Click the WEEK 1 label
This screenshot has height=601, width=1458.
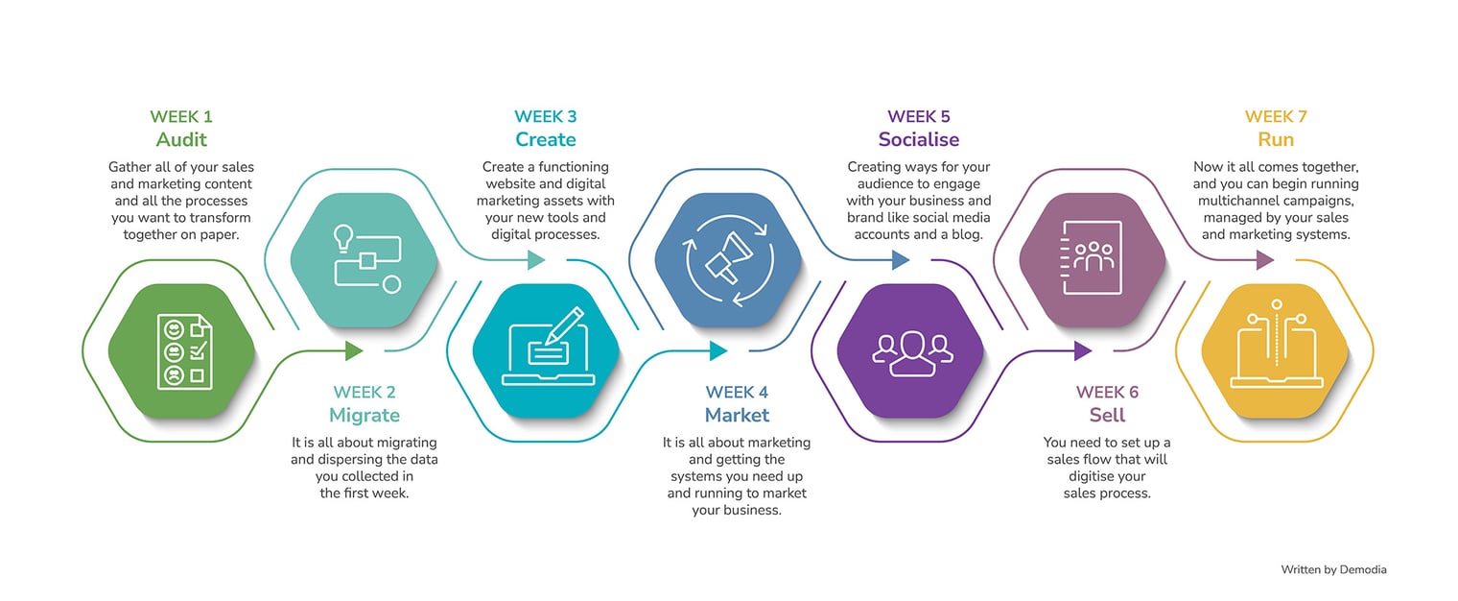click(181, 117)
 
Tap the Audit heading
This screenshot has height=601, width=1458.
click(181, 140)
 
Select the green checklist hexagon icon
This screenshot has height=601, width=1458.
click(181, 351)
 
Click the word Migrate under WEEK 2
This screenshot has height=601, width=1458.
click(364, 416)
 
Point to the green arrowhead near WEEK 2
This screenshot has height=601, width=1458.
click(354, 350)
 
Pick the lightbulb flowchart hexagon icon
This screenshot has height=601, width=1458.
click(364, 259)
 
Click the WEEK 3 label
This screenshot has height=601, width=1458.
click(546, 117)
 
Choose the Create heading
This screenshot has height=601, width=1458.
click(546, 140)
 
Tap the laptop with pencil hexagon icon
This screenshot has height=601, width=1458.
click(547, 351)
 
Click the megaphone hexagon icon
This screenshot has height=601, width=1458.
click(728, 259)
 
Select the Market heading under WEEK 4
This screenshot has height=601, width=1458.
click(737, 416)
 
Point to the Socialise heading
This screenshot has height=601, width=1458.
click(919, 140)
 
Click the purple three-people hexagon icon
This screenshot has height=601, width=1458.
click(910, 351)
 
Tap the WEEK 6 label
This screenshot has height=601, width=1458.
click(1107, 393)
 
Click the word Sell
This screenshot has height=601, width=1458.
click(1107, 416)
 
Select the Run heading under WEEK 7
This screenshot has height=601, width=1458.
click(1276, 140)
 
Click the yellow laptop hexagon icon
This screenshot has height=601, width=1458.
click(1275, 351)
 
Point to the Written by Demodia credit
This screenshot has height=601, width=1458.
click(1333, 570)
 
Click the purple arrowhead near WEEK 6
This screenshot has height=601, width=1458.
click(1083, 350)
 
